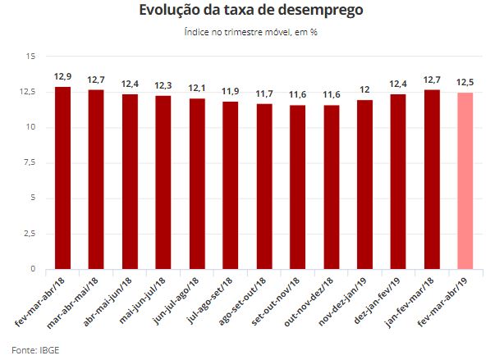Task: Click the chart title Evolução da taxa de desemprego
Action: coord(251,11)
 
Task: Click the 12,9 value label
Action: coord(62,76)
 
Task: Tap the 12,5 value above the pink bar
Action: coord(465,82)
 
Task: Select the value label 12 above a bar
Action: coord(364,89)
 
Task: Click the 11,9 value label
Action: coord(231,91)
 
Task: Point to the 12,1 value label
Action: coord(197,88)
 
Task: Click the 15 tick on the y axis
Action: coord(30,57)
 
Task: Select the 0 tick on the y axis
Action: coord(33,269)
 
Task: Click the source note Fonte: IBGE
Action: coord(35,350)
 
